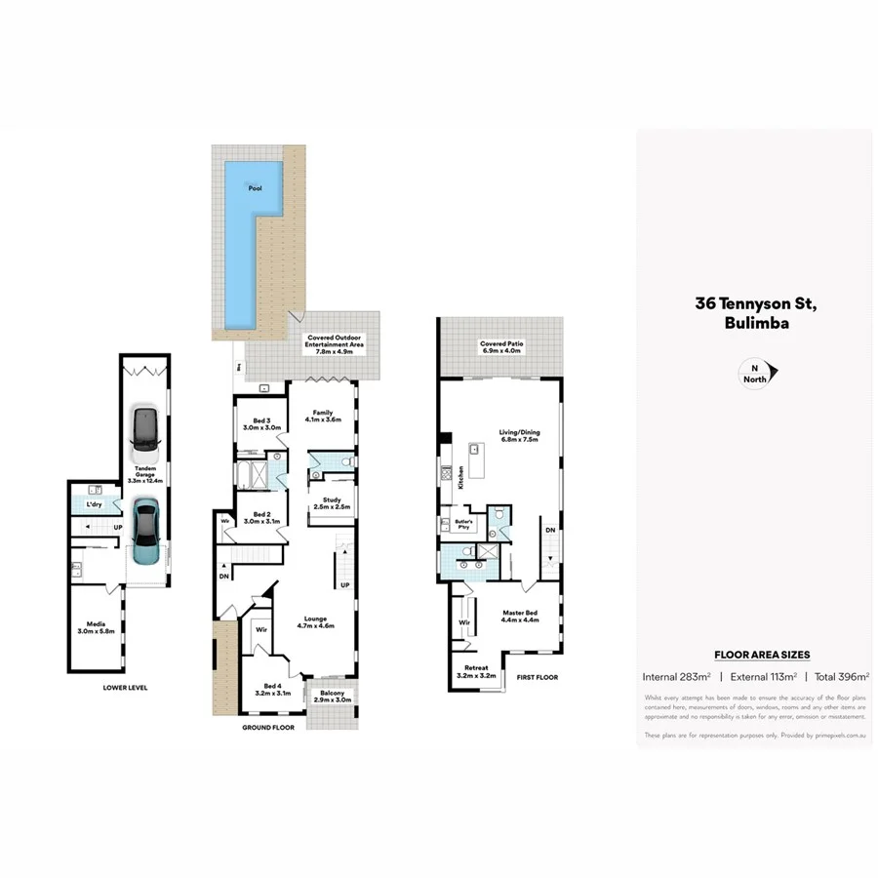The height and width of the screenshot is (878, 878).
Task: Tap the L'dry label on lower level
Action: point(94,504)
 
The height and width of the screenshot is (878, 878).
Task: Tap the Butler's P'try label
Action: point(462,524)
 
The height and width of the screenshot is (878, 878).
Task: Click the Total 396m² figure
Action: point(840,675)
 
